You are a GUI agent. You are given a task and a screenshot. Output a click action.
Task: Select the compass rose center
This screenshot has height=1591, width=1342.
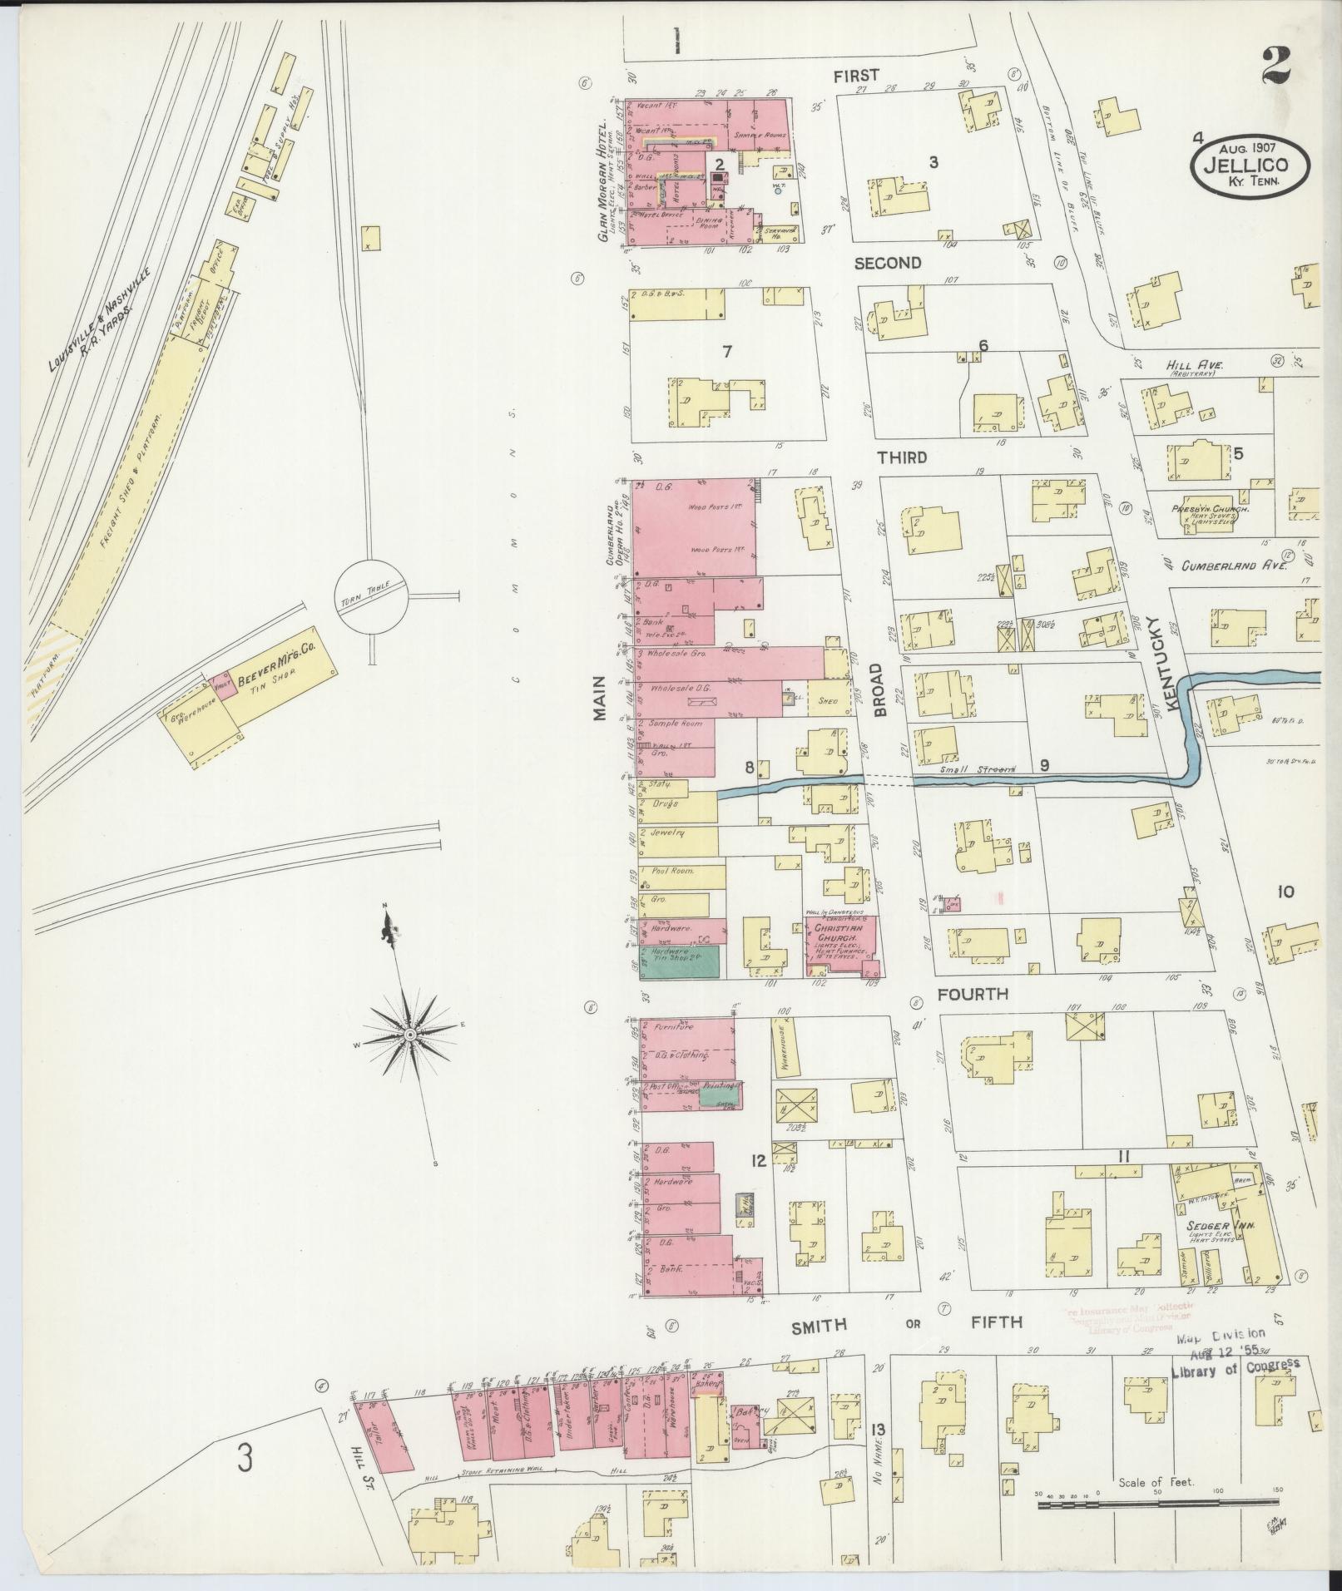(409, 1035)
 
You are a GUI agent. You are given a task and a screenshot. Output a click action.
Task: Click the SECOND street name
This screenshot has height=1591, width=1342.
(888, 264)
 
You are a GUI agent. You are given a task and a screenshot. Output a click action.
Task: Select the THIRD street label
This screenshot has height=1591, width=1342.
(900, 457)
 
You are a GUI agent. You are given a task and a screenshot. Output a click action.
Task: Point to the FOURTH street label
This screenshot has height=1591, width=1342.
(973, 994)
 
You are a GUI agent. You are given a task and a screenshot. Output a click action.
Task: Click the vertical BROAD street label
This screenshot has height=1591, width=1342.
(882, 689)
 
